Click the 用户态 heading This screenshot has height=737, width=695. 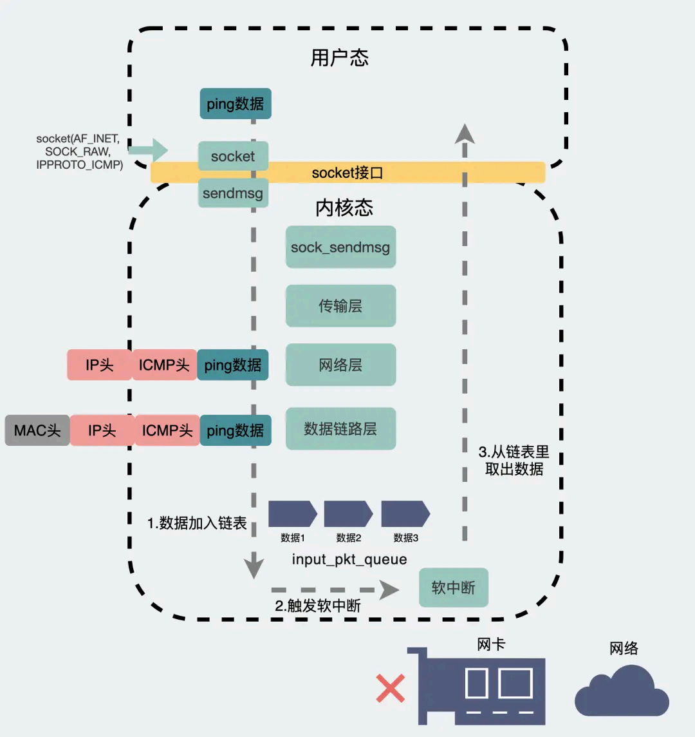(339, 59)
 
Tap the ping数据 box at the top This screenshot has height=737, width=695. (236, 104)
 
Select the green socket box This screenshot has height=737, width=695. (233, 156)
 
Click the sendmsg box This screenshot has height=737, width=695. (233, 193)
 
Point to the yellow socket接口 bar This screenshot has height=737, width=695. (347, 173)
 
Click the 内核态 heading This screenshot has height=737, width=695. (344, 207)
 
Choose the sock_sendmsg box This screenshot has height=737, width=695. (340, 247)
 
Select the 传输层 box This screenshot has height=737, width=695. (340, 306)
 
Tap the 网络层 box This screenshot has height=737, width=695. (340, 365)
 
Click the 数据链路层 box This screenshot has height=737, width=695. (340, 428)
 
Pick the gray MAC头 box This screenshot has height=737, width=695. (37, 430)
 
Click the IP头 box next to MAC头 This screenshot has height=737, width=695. (102, 430)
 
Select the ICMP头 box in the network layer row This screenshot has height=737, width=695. (164, 365)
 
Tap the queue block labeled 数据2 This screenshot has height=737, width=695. (348, 514)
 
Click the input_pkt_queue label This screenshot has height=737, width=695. (349, 559)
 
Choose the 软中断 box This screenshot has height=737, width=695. (454, 588)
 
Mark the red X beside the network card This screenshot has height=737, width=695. (391, 688)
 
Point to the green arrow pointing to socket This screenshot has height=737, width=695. (147, 151)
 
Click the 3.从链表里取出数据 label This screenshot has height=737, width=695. (514, 460)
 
